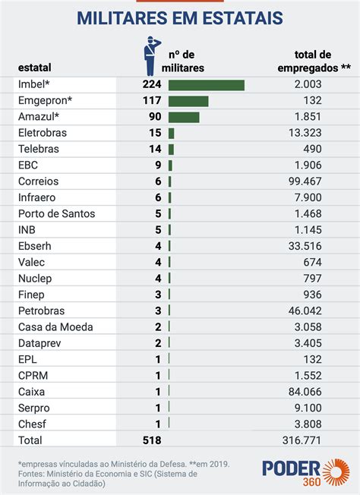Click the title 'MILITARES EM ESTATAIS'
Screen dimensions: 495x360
(x=180, y=17)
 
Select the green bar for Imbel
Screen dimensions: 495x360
(x=206, y=85)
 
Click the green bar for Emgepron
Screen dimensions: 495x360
(x=188, y=101)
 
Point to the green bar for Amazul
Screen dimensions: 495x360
(x=184, y=117)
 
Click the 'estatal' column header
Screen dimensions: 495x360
(x=35, y=68)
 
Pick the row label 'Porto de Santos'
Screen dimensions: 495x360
(x=56, y=213)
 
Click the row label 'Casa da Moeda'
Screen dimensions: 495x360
(x=55, y=326)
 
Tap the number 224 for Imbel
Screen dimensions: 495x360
(x=152, y=85)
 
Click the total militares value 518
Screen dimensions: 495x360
(x=151, y=440)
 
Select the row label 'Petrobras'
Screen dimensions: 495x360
(x=41, y=311)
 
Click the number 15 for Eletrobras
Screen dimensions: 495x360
(x=156, y=133)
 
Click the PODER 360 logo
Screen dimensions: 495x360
(x=304, y=470)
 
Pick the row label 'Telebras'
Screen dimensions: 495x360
(x=39, y=149)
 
